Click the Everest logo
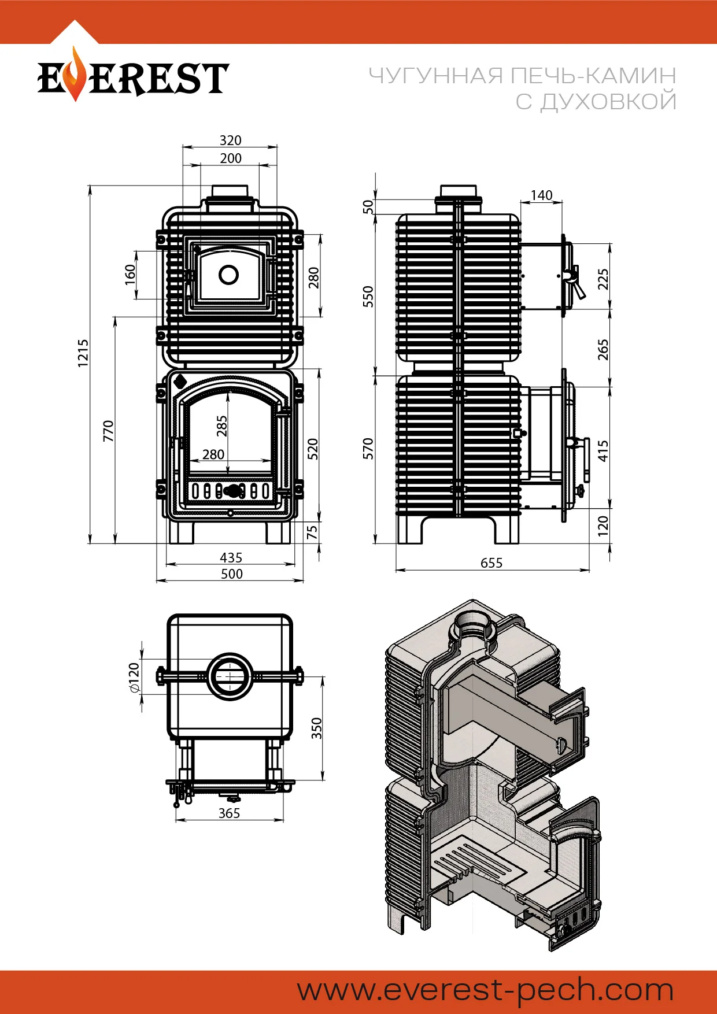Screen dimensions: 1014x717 tap(133, 77)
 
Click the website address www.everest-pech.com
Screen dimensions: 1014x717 tap(485, 991)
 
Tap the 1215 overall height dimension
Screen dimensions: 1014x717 tap(84, 353)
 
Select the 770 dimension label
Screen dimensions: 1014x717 tap(109, 431)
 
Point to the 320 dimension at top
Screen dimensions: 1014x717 tap(230, 140)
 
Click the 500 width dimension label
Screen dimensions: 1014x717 tap(231, 574)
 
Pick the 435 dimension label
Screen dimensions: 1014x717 tap(231, 557)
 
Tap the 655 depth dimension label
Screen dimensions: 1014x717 tap(491, 563)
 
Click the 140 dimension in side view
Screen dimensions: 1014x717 tap(541, 195)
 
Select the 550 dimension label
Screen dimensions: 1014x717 tap(368, 297)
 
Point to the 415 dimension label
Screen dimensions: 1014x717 tap(603, 451)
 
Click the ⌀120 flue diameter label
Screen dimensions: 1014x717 tap(134, 678)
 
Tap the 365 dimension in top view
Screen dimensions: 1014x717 tap(229, 813)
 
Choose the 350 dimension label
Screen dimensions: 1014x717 tap(317, 728)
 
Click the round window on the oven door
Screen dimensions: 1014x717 tap(229, 275)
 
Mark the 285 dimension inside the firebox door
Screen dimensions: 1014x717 tap(222, 426)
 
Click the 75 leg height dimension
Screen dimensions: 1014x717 tap(312, 532)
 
